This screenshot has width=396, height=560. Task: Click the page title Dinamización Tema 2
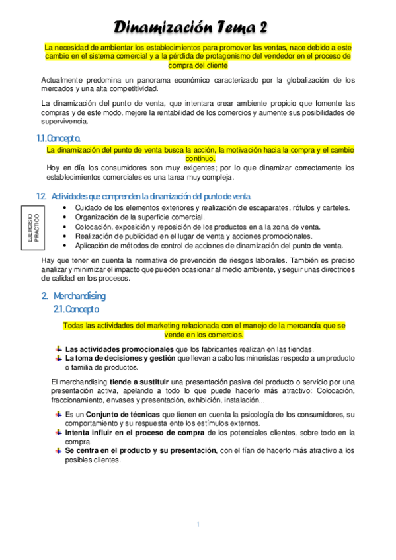click(191, 27)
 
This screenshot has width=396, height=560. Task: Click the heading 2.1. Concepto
click(76, 309)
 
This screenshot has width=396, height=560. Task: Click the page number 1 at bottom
click(198, 525)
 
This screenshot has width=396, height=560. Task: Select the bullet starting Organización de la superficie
click(139, 217)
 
